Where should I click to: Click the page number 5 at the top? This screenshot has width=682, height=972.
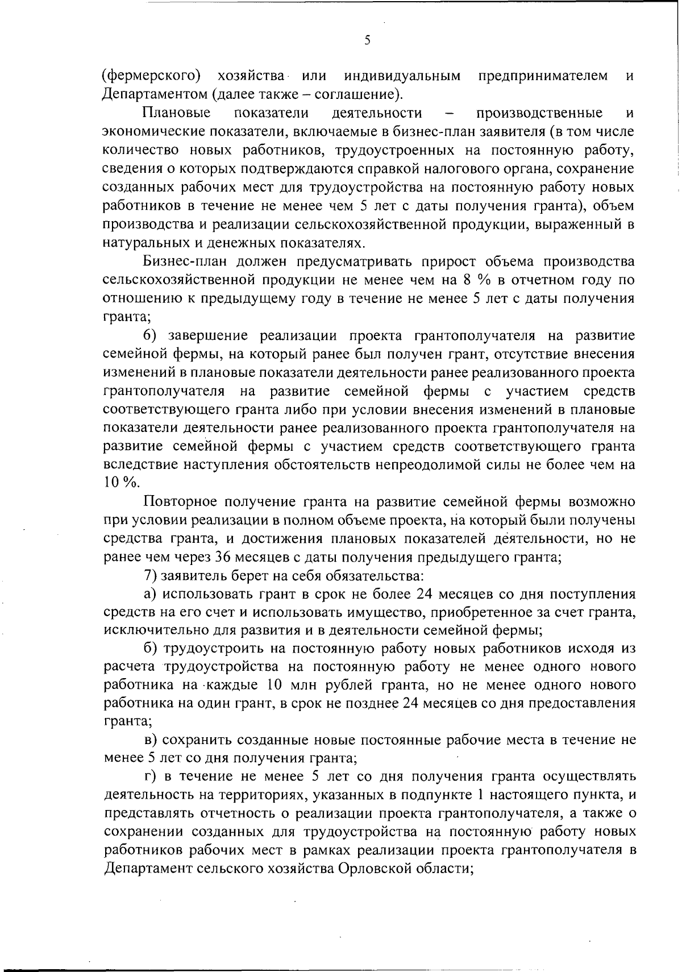point(368,40)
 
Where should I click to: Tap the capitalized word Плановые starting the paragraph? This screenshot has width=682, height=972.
point(177,113)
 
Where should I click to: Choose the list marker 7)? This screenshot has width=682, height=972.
point(151,575)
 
